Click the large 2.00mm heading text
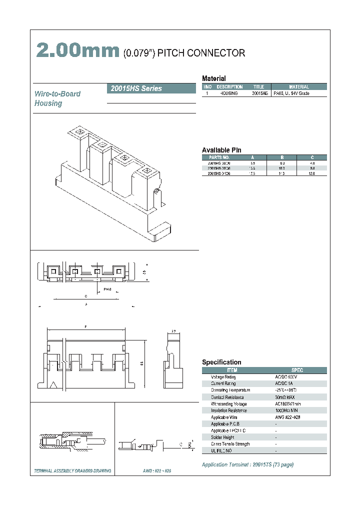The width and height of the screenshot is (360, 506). (x=77, y=51)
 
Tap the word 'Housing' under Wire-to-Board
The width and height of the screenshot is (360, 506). (x=48, y=103)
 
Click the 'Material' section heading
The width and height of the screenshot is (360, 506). (x=213, y=78)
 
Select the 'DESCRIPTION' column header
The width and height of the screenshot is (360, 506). (x=229, y=87)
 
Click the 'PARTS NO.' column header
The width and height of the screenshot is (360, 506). (x=219, y=157)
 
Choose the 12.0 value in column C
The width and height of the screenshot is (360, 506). (x=312, y=174)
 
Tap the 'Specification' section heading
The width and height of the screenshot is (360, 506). (x=221, y=362)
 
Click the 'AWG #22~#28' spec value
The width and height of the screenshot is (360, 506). (x=289, y=417)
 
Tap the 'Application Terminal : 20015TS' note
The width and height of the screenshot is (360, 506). (x=247, y=464)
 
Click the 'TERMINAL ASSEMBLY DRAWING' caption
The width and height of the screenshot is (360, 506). (x=72, y=471)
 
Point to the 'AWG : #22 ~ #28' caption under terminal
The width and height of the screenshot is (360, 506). (x=157, y=471)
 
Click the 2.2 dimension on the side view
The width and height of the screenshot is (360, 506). (x=173, y=331)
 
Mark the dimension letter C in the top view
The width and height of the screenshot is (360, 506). (x=86, y=296)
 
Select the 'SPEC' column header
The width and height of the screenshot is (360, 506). (x=297, y=370)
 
